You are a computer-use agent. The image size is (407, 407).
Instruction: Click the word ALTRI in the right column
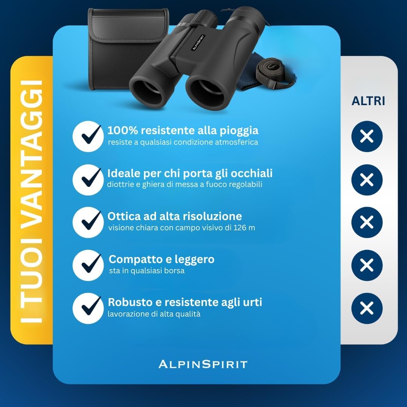coord(368,101)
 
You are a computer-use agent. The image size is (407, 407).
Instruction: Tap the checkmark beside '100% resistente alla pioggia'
coord(88,136)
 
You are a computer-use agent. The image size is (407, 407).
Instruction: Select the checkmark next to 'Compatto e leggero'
coord(88,265)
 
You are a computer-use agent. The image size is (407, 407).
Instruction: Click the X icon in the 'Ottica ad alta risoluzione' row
coord(367,222)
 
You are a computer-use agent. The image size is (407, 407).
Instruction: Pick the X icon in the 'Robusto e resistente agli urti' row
coord(367,308)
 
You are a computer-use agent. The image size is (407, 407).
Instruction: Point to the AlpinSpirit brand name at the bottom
coord(203,364)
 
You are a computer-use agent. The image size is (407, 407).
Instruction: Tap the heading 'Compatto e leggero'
coord(161,259)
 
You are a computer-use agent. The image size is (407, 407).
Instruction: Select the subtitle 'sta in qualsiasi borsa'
coord(147,271)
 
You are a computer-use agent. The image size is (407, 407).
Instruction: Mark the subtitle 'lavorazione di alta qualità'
coord(154,314)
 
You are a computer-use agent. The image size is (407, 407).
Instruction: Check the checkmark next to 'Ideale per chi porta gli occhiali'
coord(88,179)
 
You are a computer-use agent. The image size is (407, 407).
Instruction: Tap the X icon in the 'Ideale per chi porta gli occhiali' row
coord(367,179)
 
